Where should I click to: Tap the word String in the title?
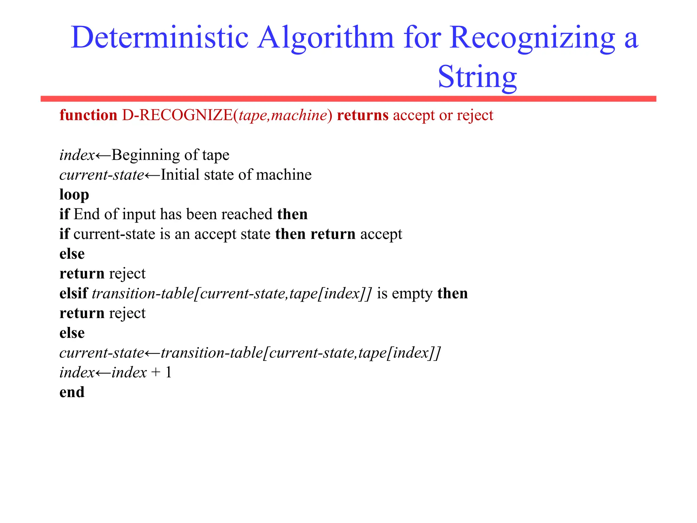pos(477,77)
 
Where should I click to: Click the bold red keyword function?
pos(88,115)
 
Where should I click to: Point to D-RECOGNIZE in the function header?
pos(177,115)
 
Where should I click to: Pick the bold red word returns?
pos(362,115)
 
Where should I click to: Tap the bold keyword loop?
pos(74,194)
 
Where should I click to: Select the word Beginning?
pos(146,155)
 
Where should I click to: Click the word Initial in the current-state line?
pos(180,175)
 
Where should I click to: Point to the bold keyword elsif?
pos(74,293)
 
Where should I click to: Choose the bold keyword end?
pos(72,392)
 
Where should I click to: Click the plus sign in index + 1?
pos(156,373)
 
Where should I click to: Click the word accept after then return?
pos(381,234)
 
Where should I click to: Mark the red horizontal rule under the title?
pos(348,99)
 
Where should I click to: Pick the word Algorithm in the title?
pos(325,38)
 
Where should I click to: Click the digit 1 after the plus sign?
pos(168,372)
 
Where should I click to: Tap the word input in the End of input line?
pos(139,215)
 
